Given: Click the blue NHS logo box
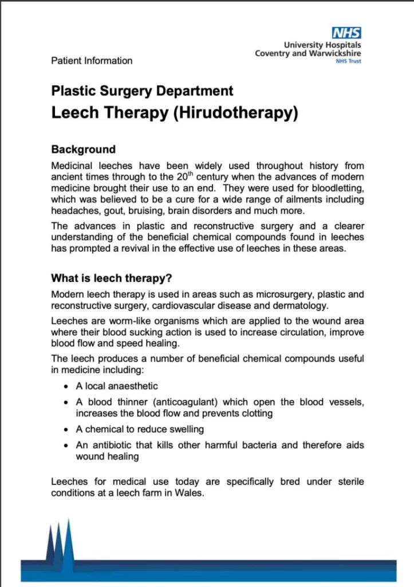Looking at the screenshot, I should click(346, 33).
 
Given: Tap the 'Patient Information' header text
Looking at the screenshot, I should click(92, 61).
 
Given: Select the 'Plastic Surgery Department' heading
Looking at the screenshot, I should click(142, 91).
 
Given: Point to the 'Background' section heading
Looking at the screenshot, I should click(83, 150).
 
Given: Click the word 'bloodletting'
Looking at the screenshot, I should click(338, 188).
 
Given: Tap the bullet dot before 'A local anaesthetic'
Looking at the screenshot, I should click(66, 386).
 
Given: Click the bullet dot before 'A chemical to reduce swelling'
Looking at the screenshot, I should click(66, 429).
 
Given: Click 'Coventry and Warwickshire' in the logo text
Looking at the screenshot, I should click(308, 53).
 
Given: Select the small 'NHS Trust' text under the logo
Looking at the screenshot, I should click(348, 61).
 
